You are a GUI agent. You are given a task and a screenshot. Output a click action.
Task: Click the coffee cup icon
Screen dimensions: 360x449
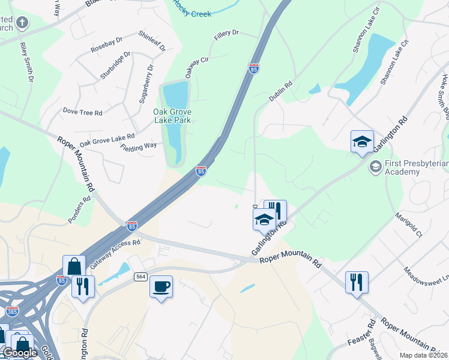point(161,287)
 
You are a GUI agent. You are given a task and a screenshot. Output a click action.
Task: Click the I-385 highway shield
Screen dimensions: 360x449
point(12,311)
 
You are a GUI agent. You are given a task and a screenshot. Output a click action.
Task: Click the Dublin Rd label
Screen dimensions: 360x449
point(280,91)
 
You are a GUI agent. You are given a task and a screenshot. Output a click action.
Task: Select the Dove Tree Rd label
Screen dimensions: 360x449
point(83,112)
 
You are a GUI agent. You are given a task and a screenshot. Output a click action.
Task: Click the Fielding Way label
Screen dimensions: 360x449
point(138,146)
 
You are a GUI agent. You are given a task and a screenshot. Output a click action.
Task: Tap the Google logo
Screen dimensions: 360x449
point(20,353)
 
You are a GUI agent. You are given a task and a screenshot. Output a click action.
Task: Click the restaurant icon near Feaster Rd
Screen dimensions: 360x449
point(357,282)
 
